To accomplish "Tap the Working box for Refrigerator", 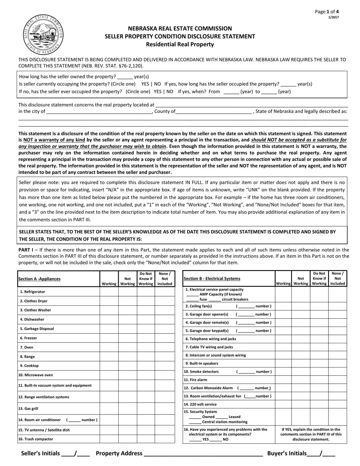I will [109, 292].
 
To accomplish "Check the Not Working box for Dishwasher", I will [128, 319].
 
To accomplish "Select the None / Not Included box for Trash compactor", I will [165, 439].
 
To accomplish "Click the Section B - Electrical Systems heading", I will [212, 278].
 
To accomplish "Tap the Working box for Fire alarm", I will [283, 380].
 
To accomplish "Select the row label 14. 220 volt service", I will [200, 404].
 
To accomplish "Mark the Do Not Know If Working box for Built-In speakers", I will [319, 363].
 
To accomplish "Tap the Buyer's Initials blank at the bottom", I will [321, 453].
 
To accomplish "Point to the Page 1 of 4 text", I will [327, 12].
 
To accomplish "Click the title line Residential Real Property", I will [180, 44].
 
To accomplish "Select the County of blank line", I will [214, 112].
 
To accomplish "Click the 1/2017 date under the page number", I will [333, 17].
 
